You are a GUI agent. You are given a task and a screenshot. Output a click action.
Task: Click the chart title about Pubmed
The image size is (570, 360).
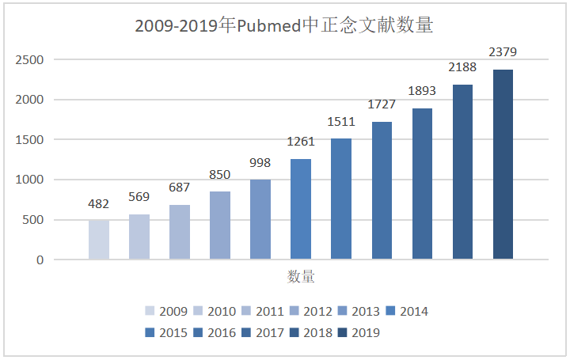click(x=284, y=25)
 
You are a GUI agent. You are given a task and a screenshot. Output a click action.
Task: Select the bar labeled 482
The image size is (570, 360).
click(x=99, y=240)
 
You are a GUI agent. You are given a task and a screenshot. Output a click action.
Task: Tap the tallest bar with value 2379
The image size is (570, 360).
click(x=503, y=165)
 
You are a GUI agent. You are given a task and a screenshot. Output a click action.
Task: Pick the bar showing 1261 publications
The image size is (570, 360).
click(x=301, y=209)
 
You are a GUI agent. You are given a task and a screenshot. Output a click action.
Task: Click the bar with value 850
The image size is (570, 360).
click(x=220, y=225)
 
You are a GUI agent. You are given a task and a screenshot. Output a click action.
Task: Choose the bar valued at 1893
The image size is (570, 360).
click(x=422, y=184)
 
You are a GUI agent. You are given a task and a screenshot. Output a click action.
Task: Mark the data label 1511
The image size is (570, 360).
click(x=341, y=122)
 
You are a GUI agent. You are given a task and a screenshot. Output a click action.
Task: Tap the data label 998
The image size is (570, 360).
click(x=260, y=163)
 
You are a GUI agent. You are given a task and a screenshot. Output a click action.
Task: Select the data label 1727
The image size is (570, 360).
click(x=382, y=105)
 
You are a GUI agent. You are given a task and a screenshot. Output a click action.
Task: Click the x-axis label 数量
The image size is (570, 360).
click(x=301, y=277)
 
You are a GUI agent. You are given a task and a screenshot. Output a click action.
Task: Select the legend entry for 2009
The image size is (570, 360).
click(x=165, y=312)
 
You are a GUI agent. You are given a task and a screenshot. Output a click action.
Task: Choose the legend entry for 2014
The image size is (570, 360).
click(x=406, y=312)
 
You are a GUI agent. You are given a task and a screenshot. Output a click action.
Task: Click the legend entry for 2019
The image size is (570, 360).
click(x=358, y=333)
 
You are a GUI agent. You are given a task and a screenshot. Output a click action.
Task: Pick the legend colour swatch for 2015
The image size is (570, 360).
click(x=150, y=333)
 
